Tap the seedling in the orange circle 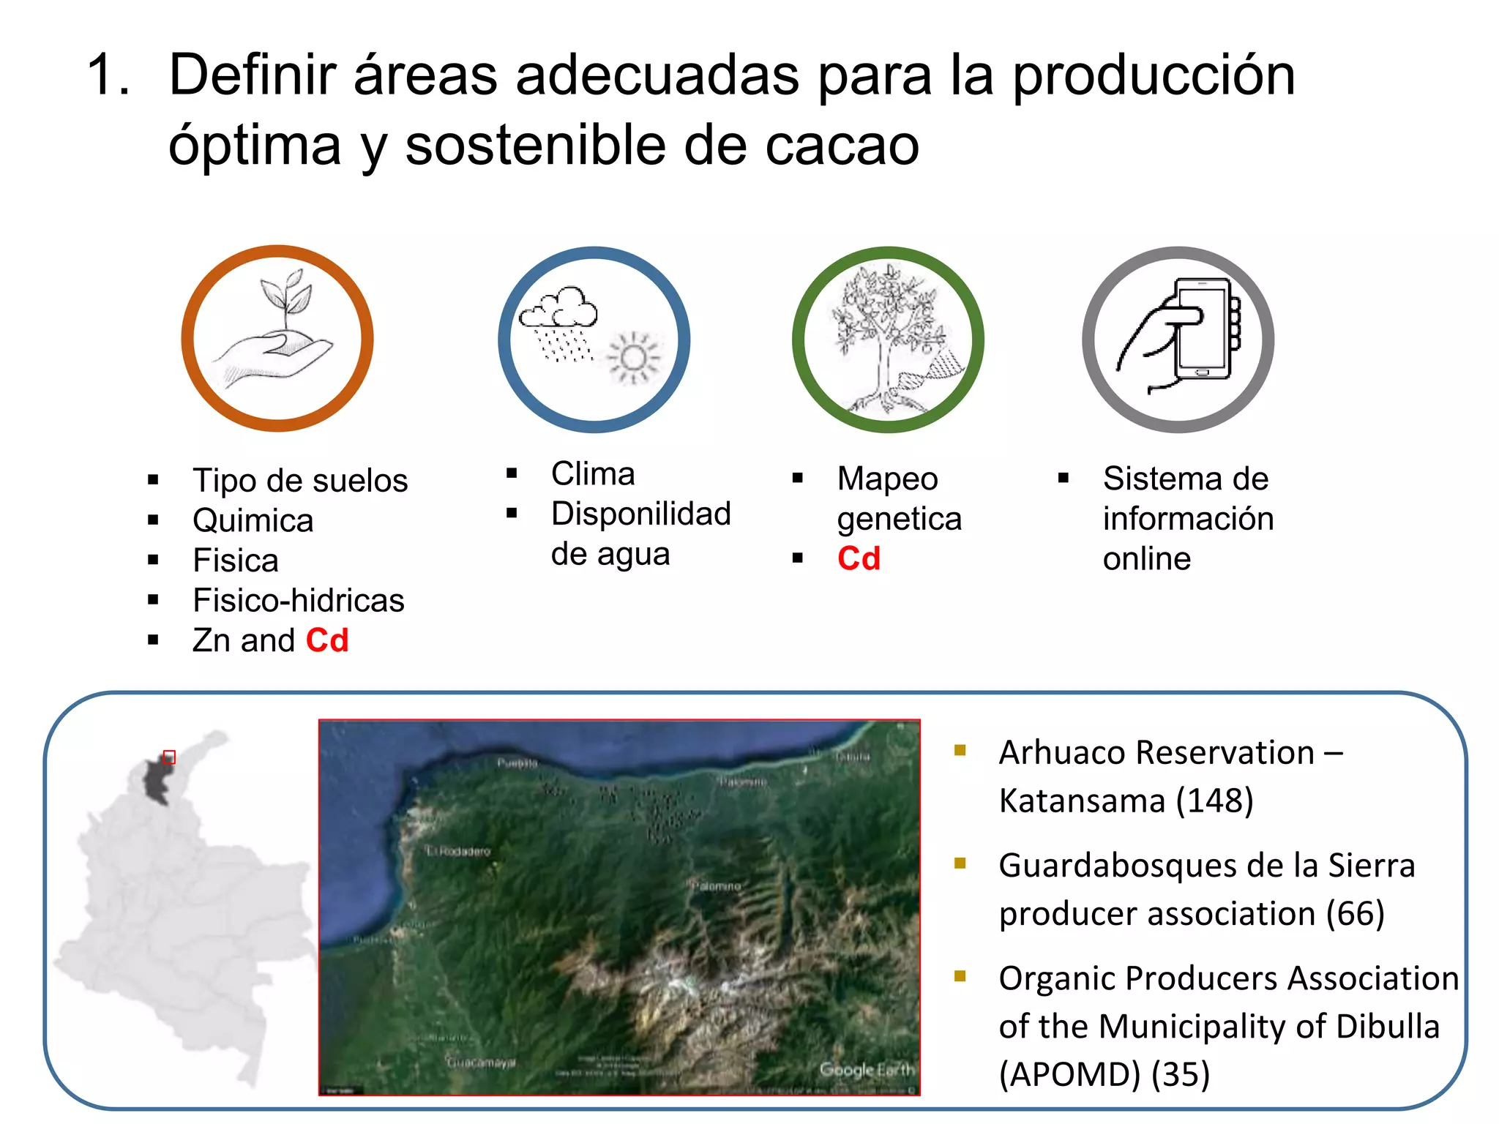click(x=286, y=300)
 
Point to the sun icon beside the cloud click(x=634, y=359)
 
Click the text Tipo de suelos click(x=300, y=481)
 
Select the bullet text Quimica click(x=253, y=521)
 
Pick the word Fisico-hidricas click(x=298, y=601)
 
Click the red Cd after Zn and click(x=327, y=641)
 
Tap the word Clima click(x=593, y=474)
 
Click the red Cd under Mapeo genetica click(x=859, y=559)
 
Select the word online click(x=1146, y=559)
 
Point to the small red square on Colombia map click(x=169, y=757)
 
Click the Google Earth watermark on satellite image click(x=867, y=1070)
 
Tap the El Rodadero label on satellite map click(x=459, y=851)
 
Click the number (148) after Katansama click(x=1214, y=801)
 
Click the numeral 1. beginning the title click(x=108, y=75)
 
